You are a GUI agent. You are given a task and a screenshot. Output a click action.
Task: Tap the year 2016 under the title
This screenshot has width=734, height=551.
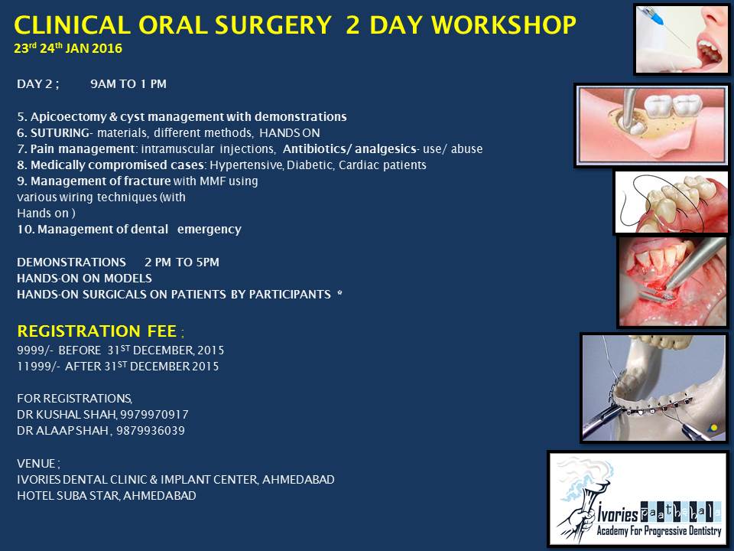click(107, 49)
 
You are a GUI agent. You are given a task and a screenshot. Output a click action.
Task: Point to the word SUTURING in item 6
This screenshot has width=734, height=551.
click(60, 133)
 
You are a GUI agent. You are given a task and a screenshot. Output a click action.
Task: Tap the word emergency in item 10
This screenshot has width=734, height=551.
click(209, 230)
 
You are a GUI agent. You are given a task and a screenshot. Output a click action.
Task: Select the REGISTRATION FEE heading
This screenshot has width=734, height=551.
click(97, 331)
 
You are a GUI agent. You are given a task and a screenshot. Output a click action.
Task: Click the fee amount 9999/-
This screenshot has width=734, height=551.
click(36, 350)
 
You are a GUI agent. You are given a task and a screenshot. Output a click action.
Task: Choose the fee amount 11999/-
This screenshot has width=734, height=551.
click(38, 367)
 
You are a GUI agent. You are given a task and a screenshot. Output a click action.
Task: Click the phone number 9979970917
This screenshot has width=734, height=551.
click(154, 415)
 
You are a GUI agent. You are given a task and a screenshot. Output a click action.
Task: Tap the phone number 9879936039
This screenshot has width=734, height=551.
click(151, 431)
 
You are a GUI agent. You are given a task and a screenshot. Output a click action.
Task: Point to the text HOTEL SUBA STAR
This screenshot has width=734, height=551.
click(68, 496)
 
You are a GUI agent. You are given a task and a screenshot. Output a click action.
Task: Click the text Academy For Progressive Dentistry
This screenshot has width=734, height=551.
click(658, 531)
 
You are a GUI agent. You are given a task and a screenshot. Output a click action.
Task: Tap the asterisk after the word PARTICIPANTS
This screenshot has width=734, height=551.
click(339, 293)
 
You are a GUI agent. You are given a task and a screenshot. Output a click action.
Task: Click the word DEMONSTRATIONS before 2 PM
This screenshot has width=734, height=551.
click(72, 262)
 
